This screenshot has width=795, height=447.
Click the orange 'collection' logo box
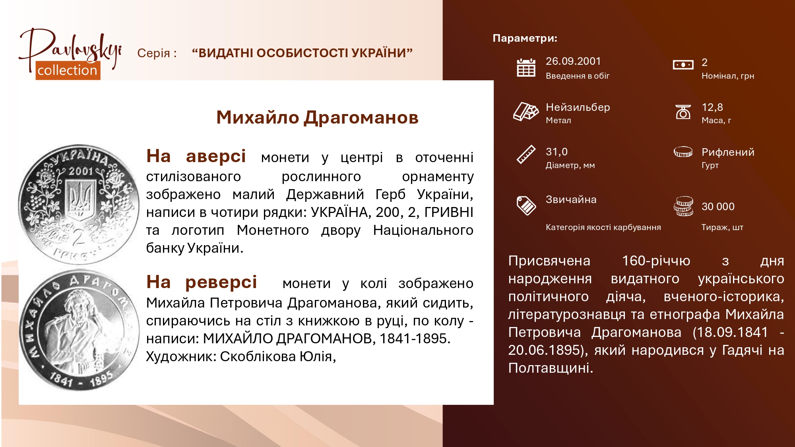click(68, 70)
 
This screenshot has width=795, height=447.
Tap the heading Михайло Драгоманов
click(317, 117)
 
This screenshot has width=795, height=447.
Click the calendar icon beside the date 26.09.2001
click(526, 68)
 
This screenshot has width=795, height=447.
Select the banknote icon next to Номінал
click(683, 65)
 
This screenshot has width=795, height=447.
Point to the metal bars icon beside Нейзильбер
click(525, 111)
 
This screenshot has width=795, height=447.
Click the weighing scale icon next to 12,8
click(683, 112)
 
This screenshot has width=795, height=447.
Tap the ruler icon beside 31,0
click(526, 155)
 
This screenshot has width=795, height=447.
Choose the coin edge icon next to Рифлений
click(683, 152)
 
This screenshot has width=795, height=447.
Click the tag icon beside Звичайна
click(526, 205)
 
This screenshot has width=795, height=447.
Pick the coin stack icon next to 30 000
click(683, 206)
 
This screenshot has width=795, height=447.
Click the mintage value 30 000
click(718, 207)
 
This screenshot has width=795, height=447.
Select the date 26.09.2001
click(573, 61)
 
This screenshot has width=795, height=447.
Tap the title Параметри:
click(525, 38)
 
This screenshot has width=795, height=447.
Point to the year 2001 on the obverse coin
click(81, 171)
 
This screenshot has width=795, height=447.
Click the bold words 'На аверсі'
click(196, 156)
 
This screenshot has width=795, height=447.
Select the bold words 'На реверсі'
click(202, 282)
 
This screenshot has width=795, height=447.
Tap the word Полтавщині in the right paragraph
click(551, 368)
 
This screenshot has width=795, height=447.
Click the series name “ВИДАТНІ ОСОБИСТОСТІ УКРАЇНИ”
click(302, 53)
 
